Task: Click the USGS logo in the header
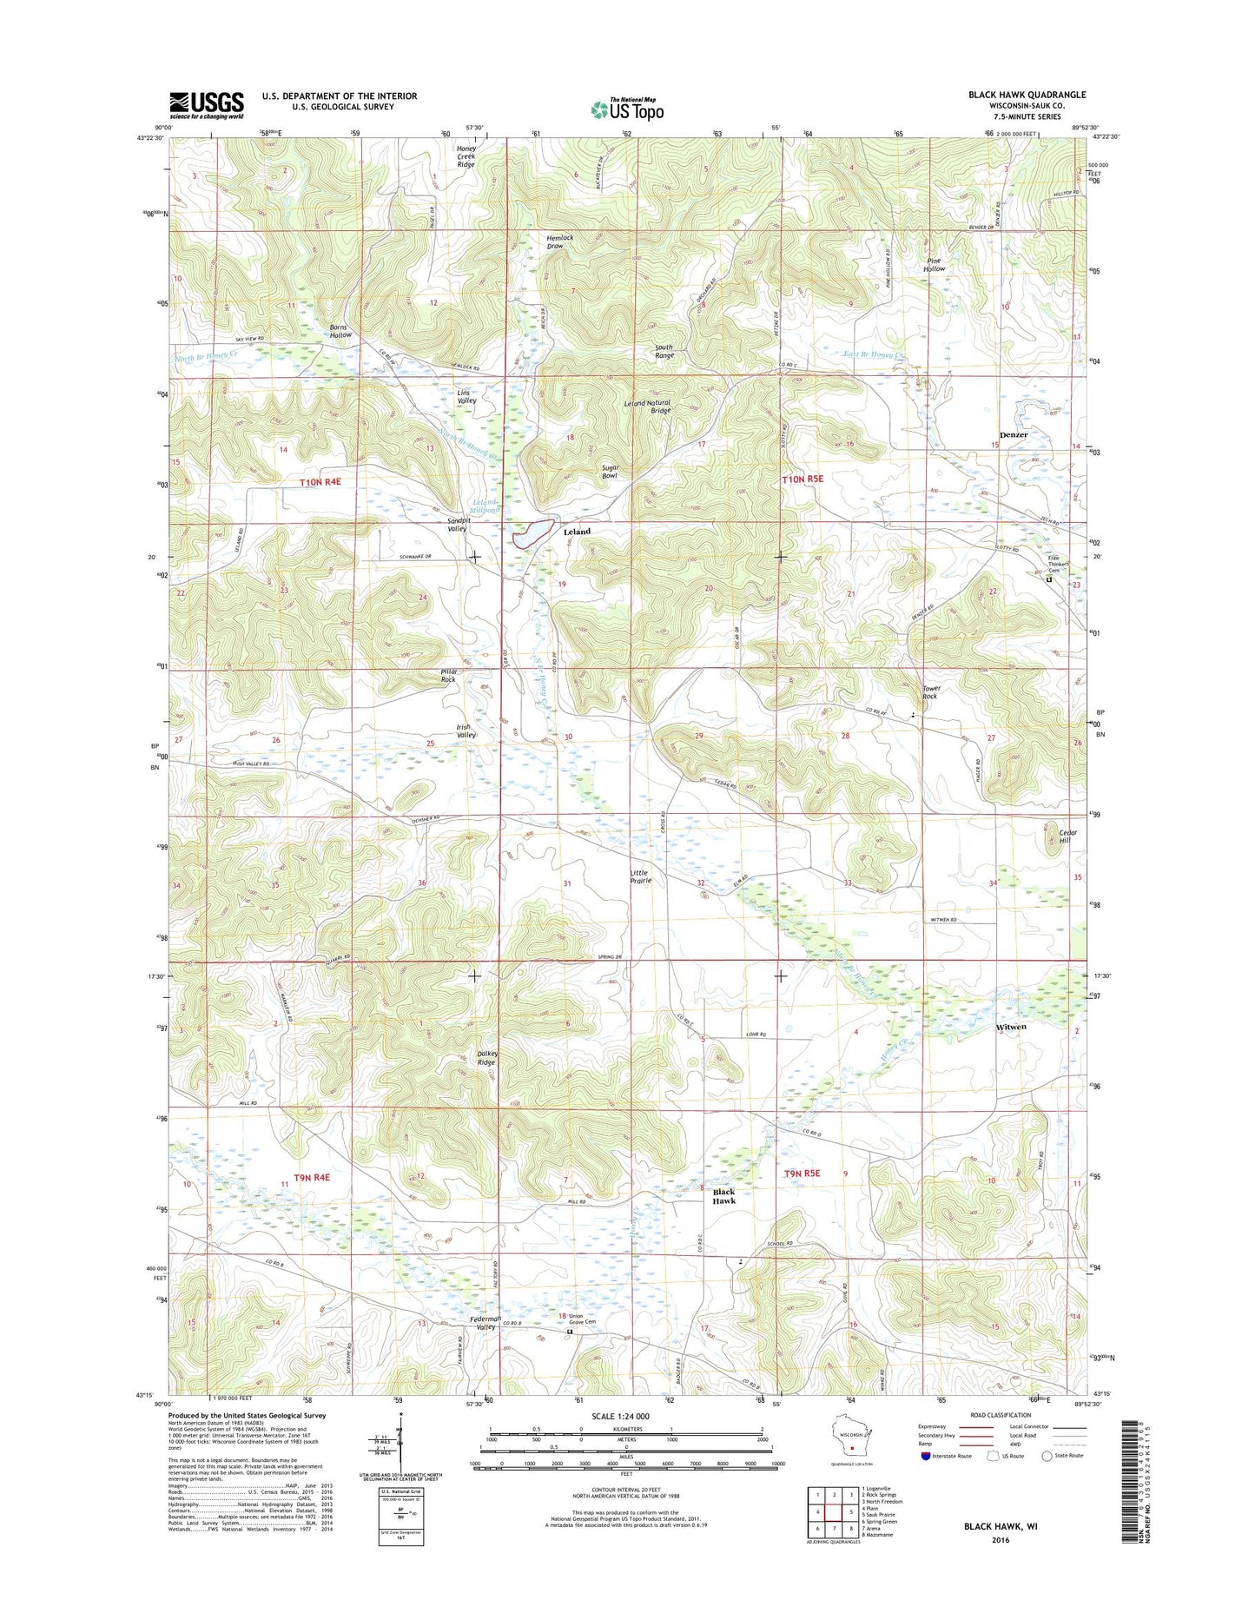click(x=206, y=104)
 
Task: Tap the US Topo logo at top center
click(x=627, y=109)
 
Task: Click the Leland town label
click(x=577, y=531)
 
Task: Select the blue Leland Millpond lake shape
click(x=534, y=532)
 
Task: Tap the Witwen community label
click(x=1010, y=1027)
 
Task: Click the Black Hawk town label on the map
click(x=723, y=1196)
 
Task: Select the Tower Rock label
click(x=931, y=691)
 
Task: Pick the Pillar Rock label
click(x=448, y=675)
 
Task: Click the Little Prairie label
click(x=640, y=876)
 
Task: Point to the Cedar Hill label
click(x=1067, y=836)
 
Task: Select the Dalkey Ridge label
click(x=486, y=1058)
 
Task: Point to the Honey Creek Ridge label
click(x=466, y=155)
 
